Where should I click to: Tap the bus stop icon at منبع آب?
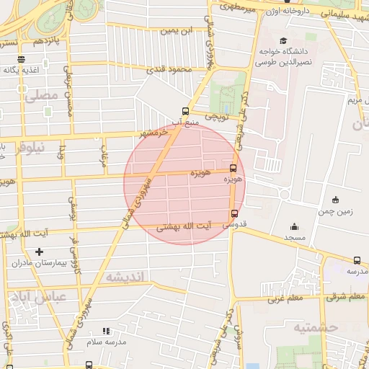(186, 111)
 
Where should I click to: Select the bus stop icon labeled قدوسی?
(234, 213)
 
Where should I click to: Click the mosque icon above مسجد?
(293, 226)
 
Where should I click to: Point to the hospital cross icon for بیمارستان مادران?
(39, 252)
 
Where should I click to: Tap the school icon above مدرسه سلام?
(106, 331)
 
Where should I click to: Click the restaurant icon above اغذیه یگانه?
(21, 59)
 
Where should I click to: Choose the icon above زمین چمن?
(335, 200)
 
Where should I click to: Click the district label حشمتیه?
(315, 328)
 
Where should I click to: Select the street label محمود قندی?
(167, 70)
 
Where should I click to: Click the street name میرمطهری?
(239, 9)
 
